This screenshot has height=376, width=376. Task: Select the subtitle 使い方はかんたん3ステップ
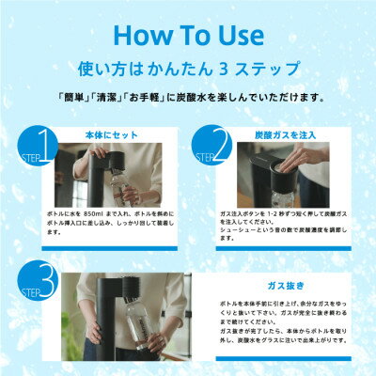pyautogui.click(x=188, y=69)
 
